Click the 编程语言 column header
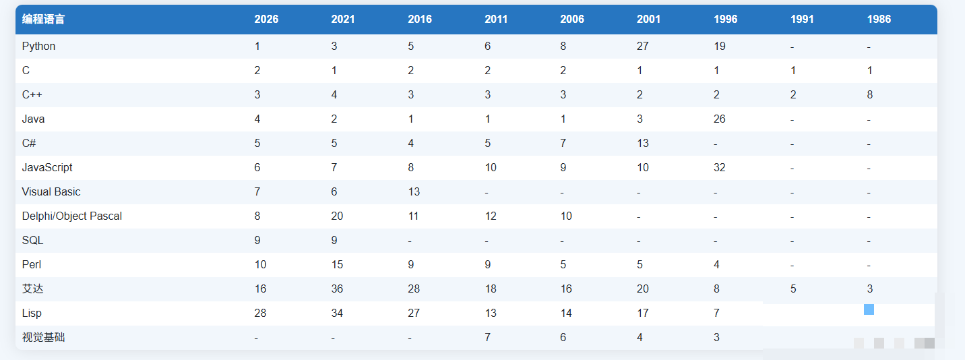(43, 19)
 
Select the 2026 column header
(266, 19)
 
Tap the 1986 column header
(879, 19)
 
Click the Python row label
(39, 46)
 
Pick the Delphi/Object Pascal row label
(72, 216)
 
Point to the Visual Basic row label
(51, 192)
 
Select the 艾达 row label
(33, 289)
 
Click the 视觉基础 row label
(44, 337)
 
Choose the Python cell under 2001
(643, 46)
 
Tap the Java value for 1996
(720, 119)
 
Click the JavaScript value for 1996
(720, 167)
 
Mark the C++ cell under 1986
(870, 95)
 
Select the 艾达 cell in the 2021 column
(337, 289)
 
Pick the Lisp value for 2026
(260, 313)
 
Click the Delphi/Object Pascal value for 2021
(337, 216)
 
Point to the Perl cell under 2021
(337, 265)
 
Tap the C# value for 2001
(643, 143)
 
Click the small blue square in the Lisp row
(869, 309)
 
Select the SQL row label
(33, 240)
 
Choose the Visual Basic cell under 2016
(414, 192)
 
